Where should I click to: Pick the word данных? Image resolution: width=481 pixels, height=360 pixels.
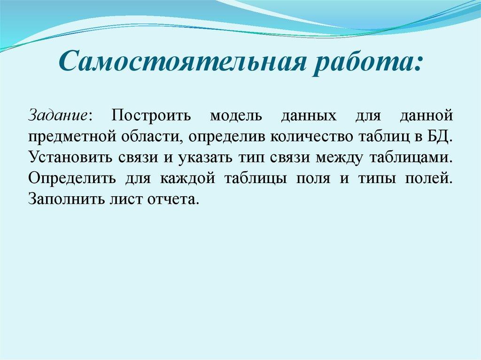310,115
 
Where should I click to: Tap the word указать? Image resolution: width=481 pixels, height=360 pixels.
204,158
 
